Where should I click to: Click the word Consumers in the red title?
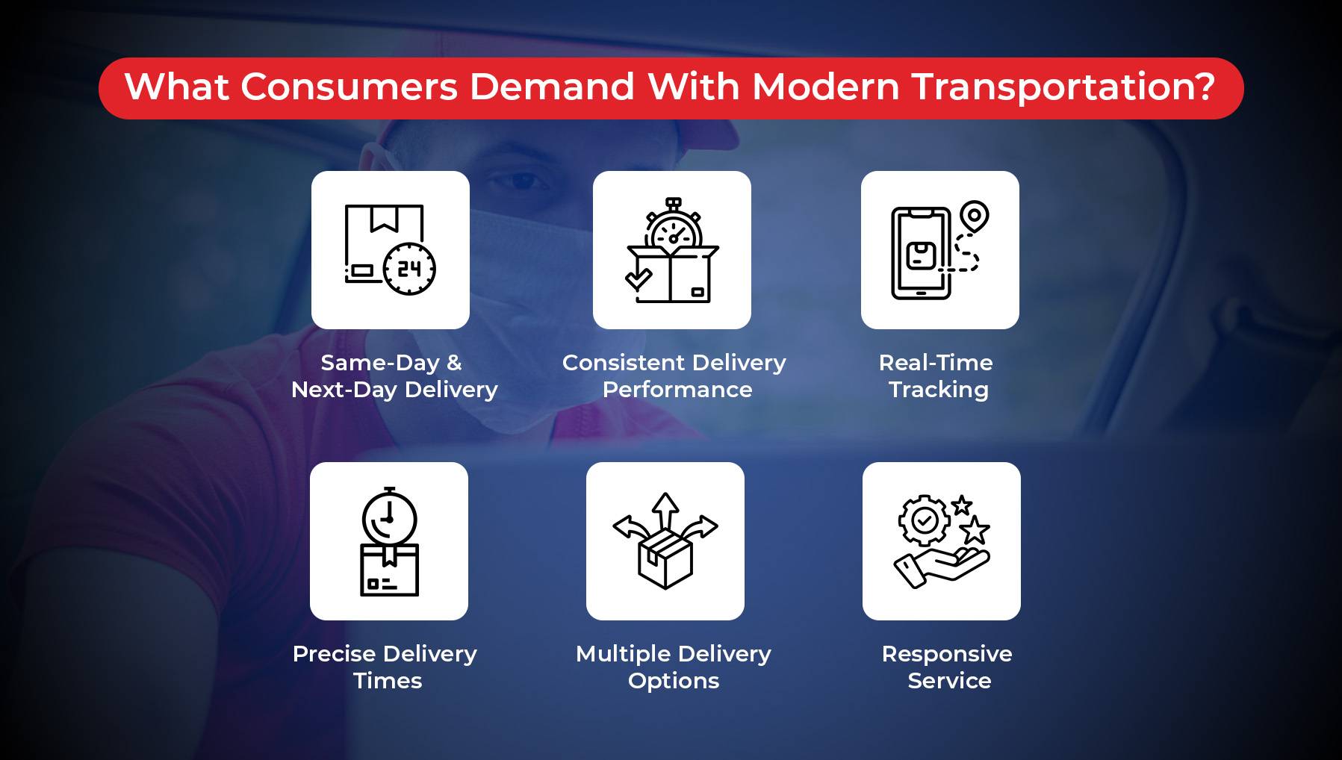point(349,87)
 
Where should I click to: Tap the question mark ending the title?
point(1202,87)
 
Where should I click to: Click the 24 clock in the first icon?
point(409,269)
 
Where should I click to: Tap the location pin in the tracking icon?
point(974,217)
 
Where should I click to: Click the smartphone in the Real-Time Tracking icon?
point(921,254)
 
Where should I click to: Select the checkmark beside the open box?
point(639,279)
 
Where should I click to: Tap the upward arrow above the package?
point(665,511)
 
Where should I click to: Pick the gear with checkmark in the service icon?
point(925,520)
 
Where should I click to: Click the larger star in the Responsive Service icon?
point(975,531)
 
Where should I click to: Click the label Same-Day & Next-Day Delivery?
point(394,376)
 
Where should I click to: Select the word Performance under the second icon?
point(677,390)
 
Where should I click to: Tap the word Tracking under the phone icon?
point(939,390)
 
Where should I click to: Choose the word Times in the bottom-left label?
point(388,681)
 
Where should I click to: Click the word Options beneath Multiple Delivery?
point(674,682)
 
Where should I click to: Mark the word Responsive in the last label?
point(947,655)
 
